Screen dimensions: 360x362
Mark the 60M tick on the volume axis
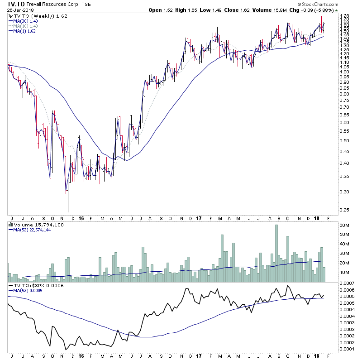point(345,226)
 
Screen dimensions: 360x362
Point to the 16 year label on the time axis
point(81,217)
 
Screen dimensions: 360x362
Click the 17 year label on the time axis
point(198,217)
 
